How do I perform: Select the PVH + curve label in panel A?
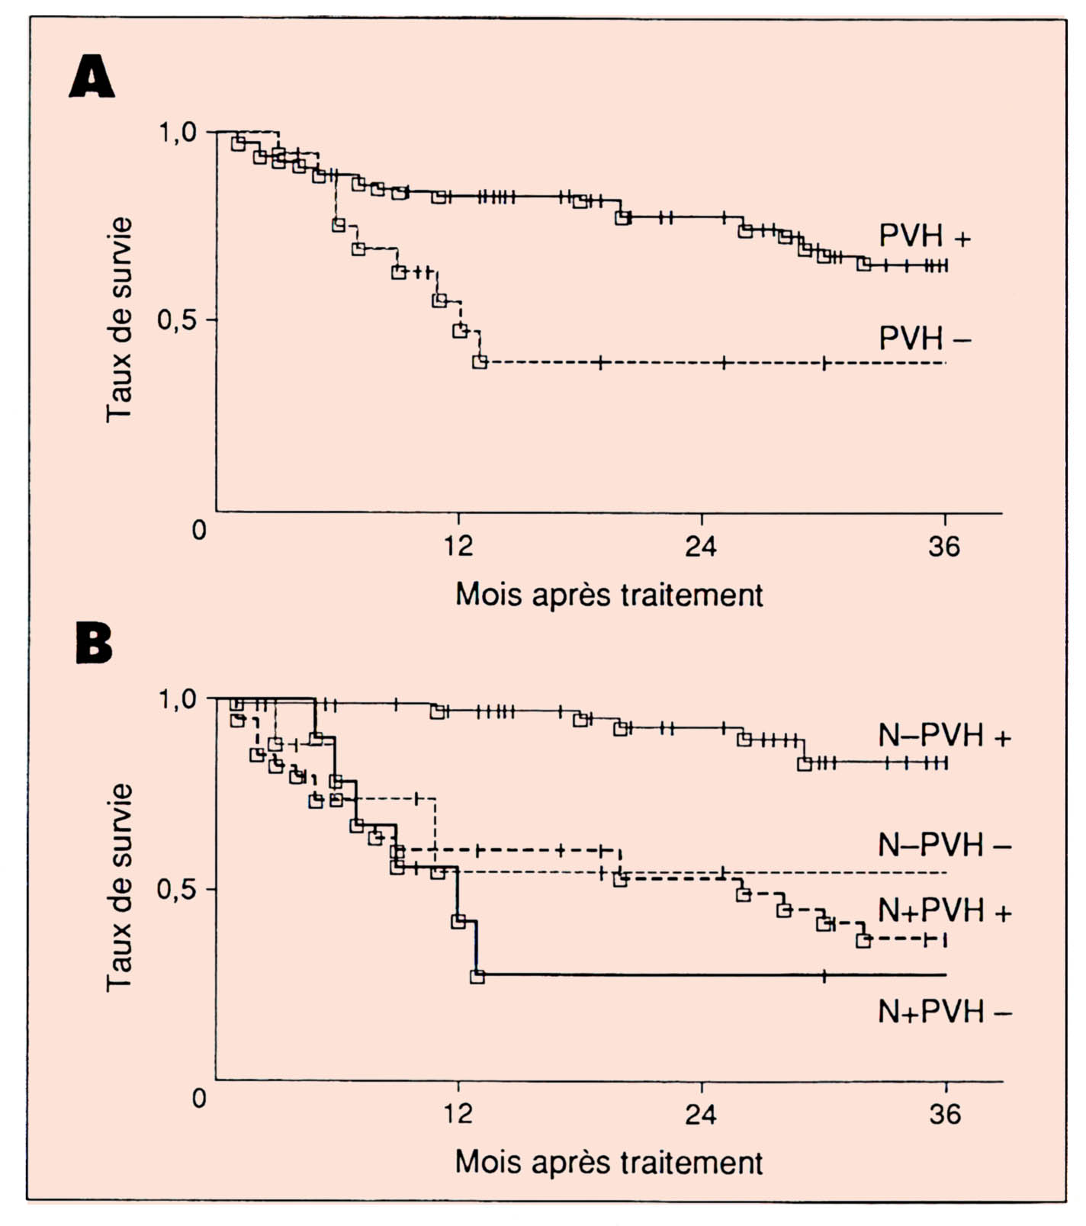coord(924,236)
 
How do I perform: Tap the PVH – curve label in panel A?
coord(924,338)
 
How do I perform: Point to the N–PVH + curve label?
coord(944,736)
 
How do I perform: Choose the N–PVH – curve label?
coord(944,845)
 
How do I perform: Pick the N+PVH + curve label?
coord(944,910)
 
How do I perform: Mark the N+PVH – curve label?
coord(944,1012)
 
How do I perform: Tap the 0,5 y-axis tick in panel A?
coord(177,320)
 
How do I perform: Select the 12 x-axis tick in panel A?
coord(458,547)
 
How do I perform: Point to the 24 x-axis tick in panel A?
coord(701,547)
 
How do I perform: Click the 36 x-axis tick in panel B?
coord(945,1115)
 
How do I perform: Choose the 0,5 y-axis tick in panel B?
coord(177,889)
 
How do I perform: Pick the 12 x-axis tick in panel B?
coord(458,1115)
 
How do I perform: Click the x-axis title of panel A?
coord(609,595)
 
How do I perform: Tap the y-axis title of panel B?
coord(120,887)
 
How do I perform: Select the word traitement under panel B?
coord(692,1163)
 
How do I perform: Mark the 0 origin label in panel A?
coord(199,530)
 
